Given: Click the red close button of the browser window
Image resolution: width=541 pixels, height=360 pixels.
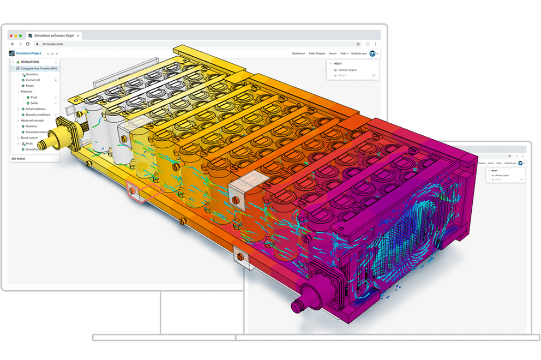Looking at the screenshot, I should [10, 35].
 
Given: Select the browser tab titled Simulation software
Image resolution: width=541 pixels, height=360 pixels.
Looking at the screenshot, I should [53, 35].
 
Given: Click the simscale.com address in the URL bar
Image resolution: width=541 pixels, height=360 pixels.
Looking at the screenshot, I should [52, 44].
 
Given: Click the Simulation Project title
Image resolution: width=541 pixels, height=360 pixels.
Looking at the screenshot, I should [28, 53].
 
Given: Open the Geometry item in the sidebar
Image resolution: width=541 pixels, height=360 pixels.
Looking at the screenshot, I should [31, 74].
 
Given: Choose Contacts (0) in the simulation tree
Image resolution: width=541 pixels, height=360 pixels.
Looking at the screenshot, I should [33, 80].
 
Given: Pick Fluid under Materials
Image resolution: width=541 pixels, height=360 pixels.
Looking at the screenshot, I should [33, 97].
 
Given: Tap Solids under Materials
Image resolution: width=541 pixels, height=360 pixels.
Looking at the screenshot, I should [34, 103].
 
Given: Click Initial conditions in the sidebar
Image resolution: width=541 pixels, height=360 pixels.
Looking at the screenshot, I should [35, 109].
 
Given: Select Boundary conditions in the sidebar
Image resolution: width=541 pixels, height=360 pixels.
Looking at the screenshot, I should [38, 115].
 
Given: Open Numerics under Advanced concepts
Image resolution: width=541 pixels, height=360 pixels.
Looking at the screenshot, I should [32, 126].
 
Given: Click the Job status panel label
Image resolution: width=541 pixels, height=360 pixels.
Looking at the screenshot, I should [19, 159].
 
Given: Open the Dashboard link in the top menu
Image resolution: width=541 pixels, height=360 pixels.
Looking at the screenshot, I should [298, 53].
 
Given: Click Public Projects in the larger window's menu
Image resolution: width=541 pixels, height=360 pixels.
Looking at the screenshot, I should [316, 53].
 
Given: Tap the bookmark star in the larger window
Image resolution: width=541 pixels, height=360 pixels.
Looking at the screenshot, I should [358, 44].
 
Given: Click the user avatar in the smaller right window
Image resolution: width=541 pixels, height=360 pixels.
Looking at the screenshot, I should [520, 163].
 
